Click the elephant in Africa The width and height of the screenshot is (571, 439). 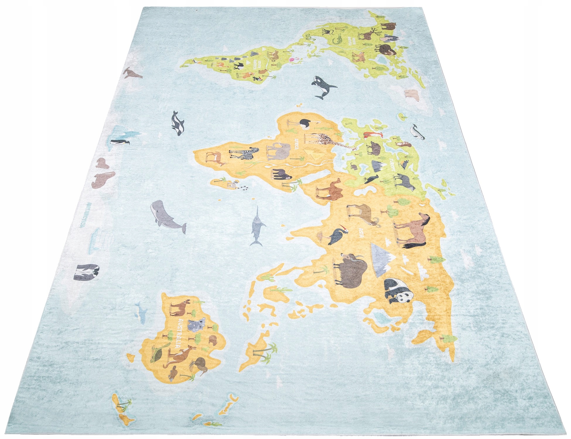[x=277, y=151]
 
